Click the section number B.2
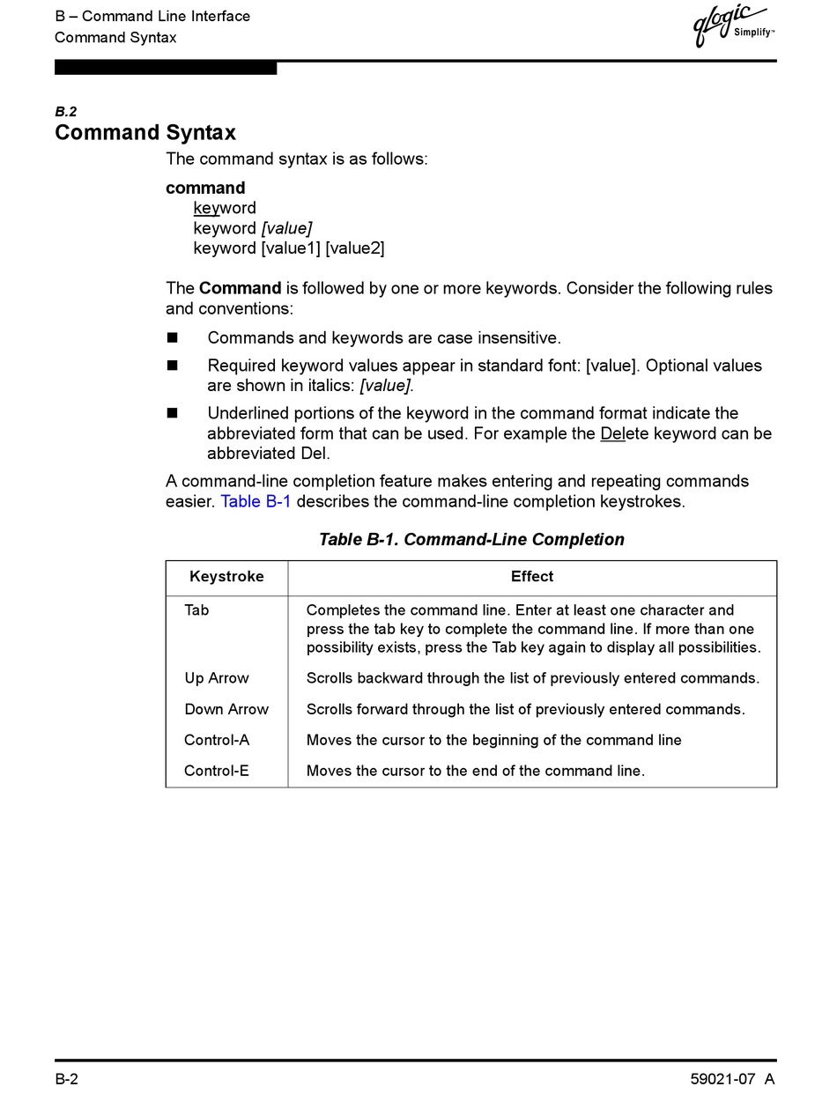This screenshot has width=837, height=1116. coord(66,112)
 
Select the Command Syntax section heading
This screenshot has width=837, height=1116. coord(145,133)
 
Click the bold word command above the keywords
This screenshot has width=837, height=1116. coord(205,188)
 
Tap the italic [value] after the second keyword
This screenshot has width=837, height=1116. coord(286,228)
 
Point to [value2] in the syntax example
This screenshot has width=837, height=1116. coord(355,248)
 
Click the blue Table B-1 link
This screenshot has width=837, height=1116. coord(256,502)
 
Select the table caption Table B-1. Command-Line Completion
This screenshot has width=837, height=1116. coord(471,540)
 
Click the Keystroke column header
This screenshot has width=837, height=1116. coord(226,577)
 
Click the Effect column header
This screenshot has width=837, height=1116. coord(532,577)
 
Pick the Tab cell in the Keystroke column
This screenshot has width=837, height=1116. coord(196,610)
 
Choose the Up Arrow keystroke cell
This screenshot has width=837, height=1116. coord(217,678)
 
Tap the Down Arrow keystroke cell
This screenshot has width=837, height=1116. coord(226,709)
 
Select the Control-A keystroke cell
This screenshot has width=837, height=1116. coord(217,740)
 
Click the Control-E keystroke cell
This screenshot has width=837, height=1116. coord(217,771)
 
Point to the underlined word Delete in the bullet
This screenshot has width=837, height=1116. coord(625,434)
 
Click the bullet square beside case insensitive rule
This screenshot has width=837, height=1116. coord(172,338)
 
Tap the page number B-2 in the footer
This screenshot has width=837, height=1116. coord(67,1080)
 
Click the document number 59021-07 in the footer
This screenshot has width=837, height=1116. coord(722,1080)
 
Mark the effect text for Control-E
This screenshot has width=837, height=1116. coord(476,771)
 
